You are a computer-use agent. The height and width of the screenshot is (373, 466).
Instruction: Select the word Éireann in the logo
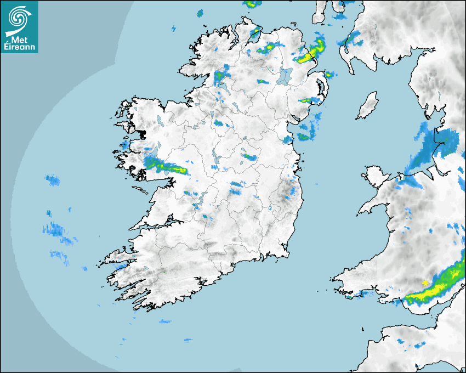pyautogui.click(x=20, y=47)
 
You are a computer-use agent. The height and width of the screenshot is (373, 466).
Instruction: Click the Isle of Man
pyautogui.click(x=367, y=106)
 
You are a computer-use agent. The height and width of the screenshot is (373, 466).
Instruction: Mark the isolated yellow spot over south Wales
pyautogui.click(x=425, y=282)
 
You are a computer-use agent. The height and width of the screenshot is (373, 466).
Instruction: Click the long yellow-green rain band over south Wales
pyautogui.click(x=436, y=288)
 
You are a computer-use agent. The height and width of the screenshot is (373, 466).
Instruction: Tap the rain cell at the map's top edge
pyautogui.click(x=253, y=4)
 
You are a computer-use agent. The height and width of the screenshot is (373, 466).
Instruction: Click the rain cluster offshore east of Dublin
pyautogui.click(x=307, y=132)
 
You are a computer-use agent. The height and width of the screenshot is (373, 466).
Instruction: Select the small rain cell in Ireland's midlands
pyautogui.click(x=249, y=157)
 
